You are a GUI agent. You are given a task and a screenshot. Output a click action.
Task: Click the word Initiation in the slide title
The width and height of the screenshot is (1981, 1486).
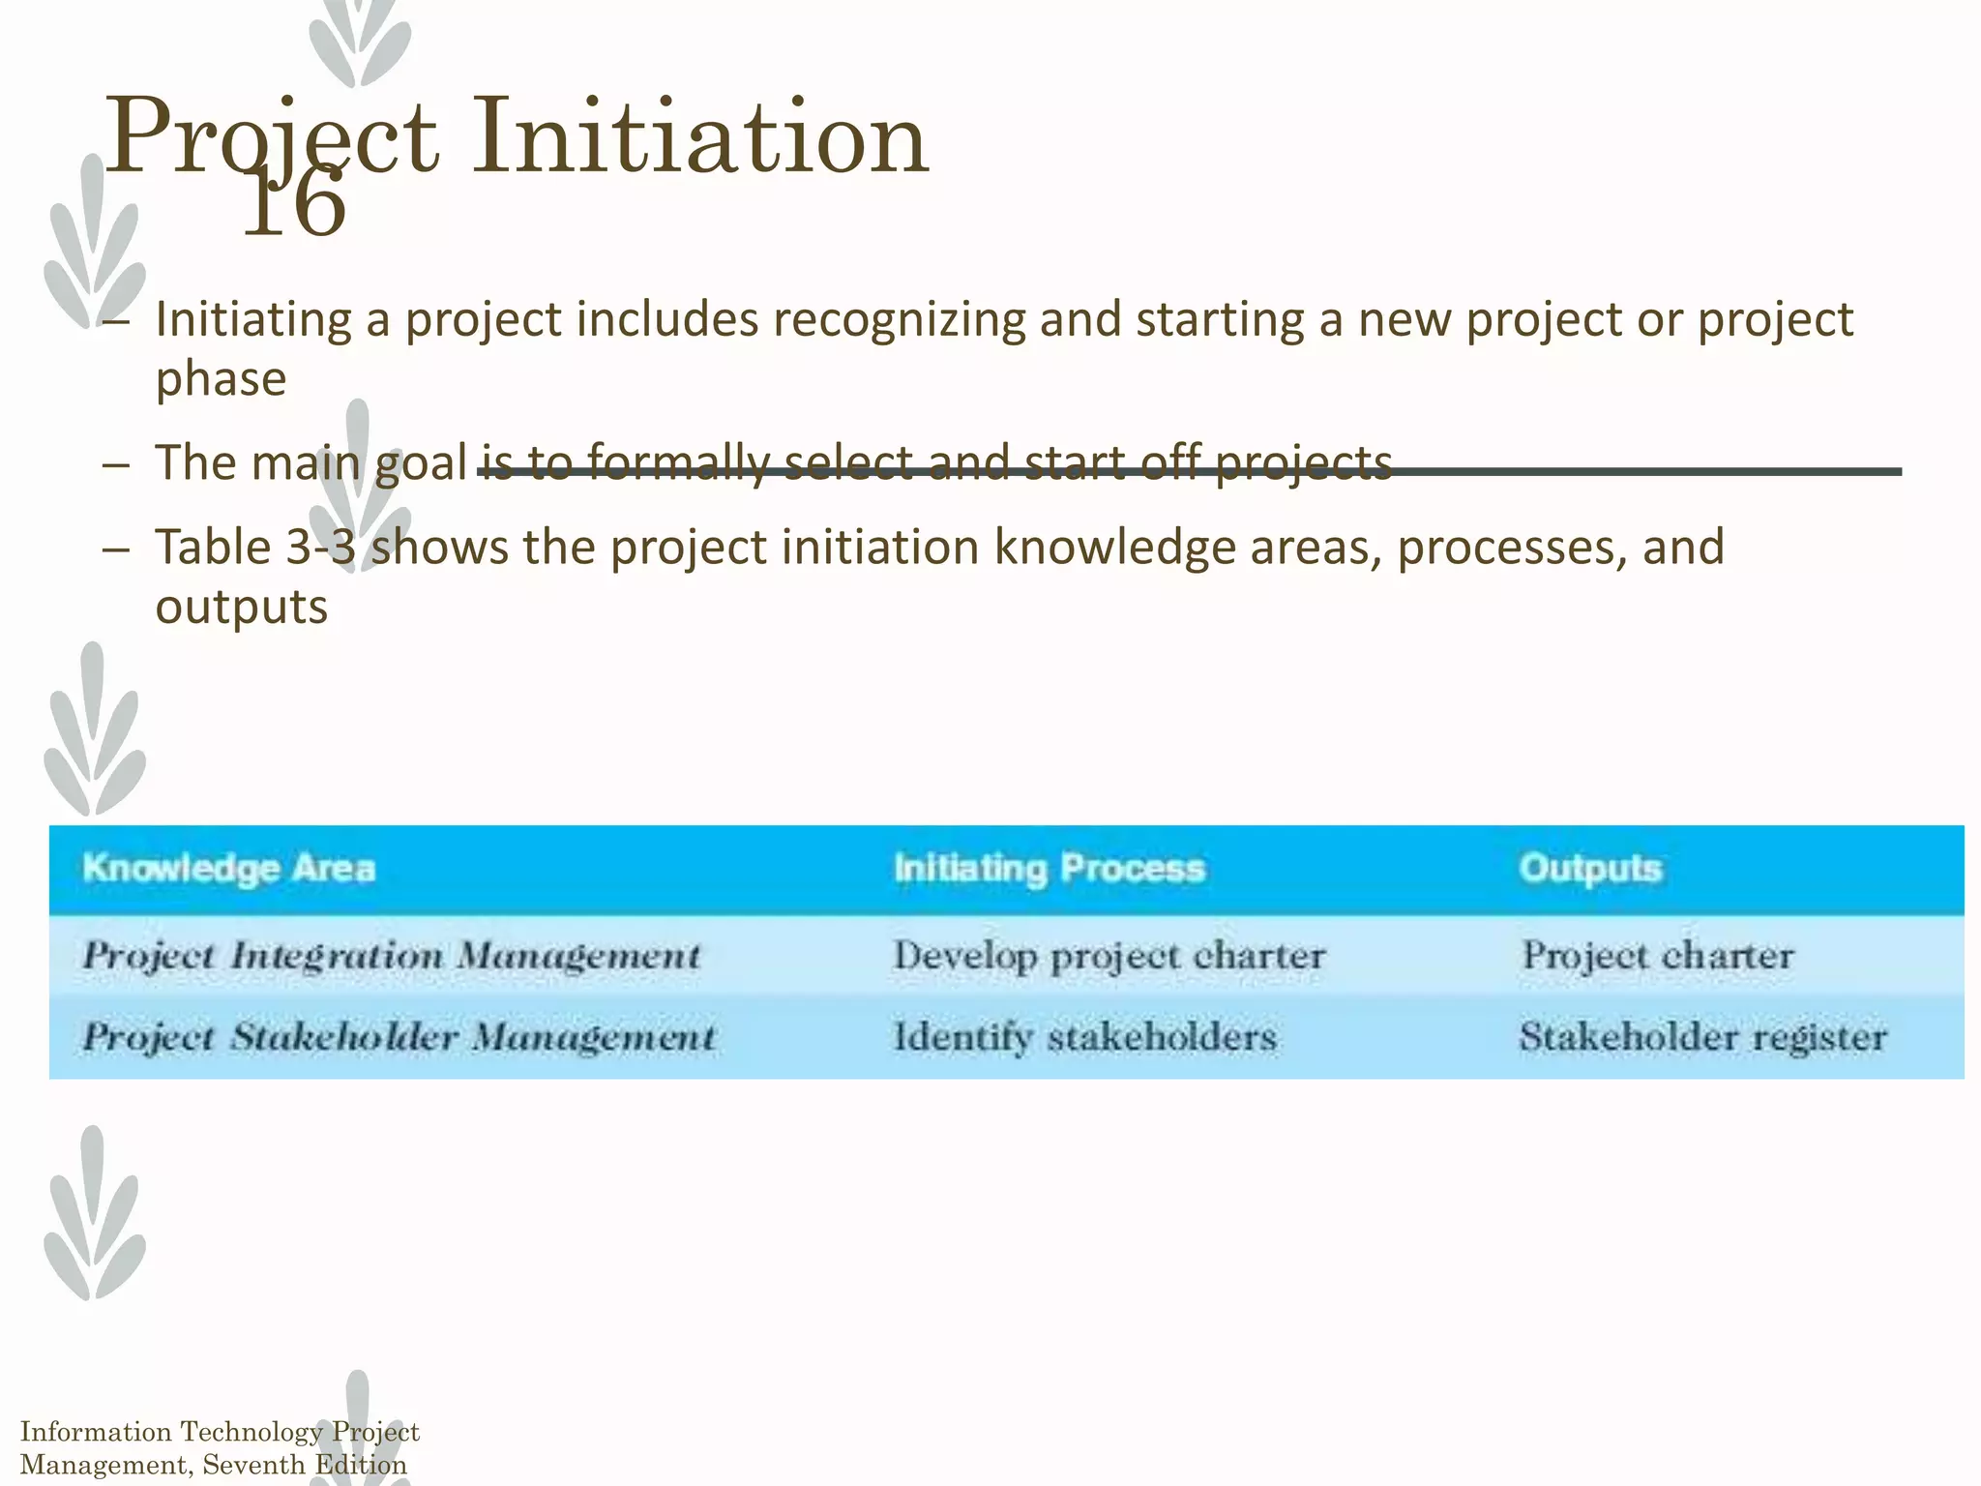coord(700,138)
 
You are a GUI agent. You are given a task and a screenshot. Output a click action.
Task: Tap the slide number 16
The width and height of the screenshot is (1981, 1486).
coord(294,203)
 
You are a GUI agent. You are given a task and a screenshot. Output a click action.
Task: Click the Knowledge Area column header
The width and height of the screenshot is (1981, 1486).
coord(228,868)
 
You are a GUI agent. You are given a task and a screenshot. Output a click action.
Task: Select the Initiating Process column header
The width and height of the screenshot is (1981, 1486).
coord(1050,868)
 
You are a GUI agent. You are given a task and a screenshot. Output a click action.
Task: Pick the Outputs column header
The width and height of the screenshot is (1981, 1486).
coord(1590,868)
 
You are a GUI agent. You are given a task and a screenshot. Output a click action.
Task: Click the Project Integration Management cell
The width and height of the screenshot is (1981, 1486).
coord(391,956)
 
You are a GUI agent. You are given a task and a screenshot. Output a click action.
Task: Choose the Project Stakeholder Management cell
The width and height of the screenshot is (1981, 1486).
coord(399,1037)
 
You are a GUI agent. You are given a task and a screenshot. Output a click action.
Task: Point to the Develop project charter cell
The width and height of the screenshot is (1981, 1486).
coord(1109,956)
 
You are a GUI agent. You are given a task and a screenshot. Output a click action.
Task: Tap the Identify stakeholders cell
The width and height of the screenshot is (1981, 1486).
coord(1085,1037)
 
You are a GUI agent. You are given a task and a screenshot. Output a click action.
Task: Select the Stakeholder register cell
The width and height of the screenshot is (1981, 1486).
coord(1702,1037)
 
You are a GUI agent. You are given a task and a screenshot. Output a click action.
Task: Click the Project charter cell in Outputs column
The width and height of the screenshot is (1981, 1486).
coord(1658,956)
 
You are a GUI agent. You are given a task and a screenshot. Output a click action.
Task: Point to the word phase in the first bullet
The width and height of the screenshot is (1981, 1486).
coord(221,378)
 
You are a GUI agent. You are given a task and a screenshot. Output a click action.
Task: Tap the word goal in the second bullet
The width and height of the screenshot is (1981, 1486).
coord(421,463)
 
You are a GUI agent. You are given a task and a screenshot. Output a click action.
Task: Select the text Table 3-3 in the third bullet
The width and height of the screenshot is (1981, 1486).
coord(255,548)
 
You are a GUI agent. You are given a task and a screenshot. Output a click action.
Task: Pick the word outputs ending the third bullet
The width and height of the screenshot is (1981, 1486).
coord(242,608)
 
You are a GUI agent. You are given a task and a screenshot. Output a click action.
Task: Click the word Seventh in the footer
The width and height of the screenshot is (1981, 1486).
coord(253,1465)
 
